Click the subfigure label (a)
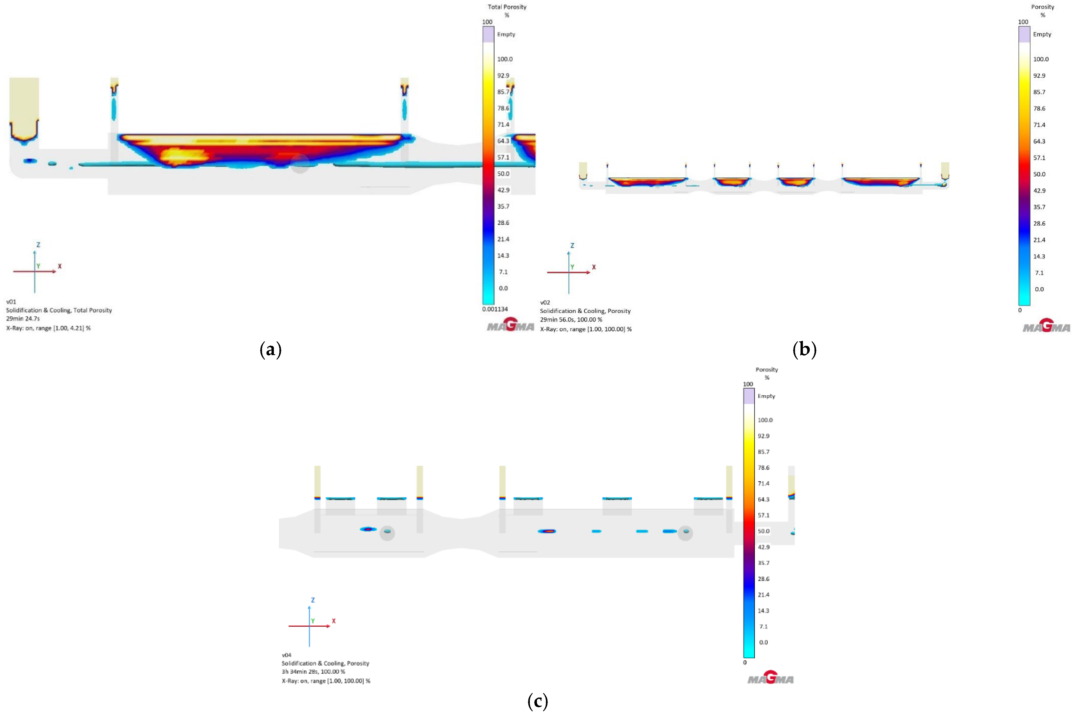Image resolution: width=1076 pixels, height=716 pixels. tap(270, 350)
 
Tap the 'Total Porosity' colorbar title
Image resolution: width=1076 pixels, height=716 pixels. tap(507, 7)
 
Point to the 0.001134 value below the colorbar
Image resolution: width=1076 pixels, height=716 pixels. tap(495, 309)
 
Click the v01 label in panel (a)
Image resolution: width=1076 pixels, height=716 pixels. tap(11, 301)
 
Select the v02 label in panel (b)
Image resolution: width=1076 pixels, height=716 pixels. tap(545, 302)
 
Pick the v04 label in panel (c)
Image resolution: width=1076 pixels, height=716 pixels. tap(287, 655)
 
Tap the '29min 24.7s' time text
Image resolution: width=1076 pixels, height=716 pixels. tap(23, 319)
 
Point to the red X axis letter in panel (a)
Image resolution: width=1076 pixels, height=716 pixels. tap(60, 266)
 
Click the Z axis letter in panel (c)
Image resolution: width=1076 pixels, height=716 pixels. tap(313, 600)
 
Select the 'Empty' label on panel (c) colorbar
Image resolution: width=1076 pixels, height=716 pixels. tap(766, 396)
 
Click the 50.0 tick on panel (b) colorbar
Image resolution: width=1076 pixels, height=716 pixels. tap(1039, 174)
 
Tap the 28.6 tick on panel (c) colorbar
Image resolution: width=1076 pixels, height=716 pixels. tap(763, 579)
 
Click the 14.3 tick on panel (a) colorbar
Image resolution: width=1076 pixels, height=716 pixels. tap(503, 255)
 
